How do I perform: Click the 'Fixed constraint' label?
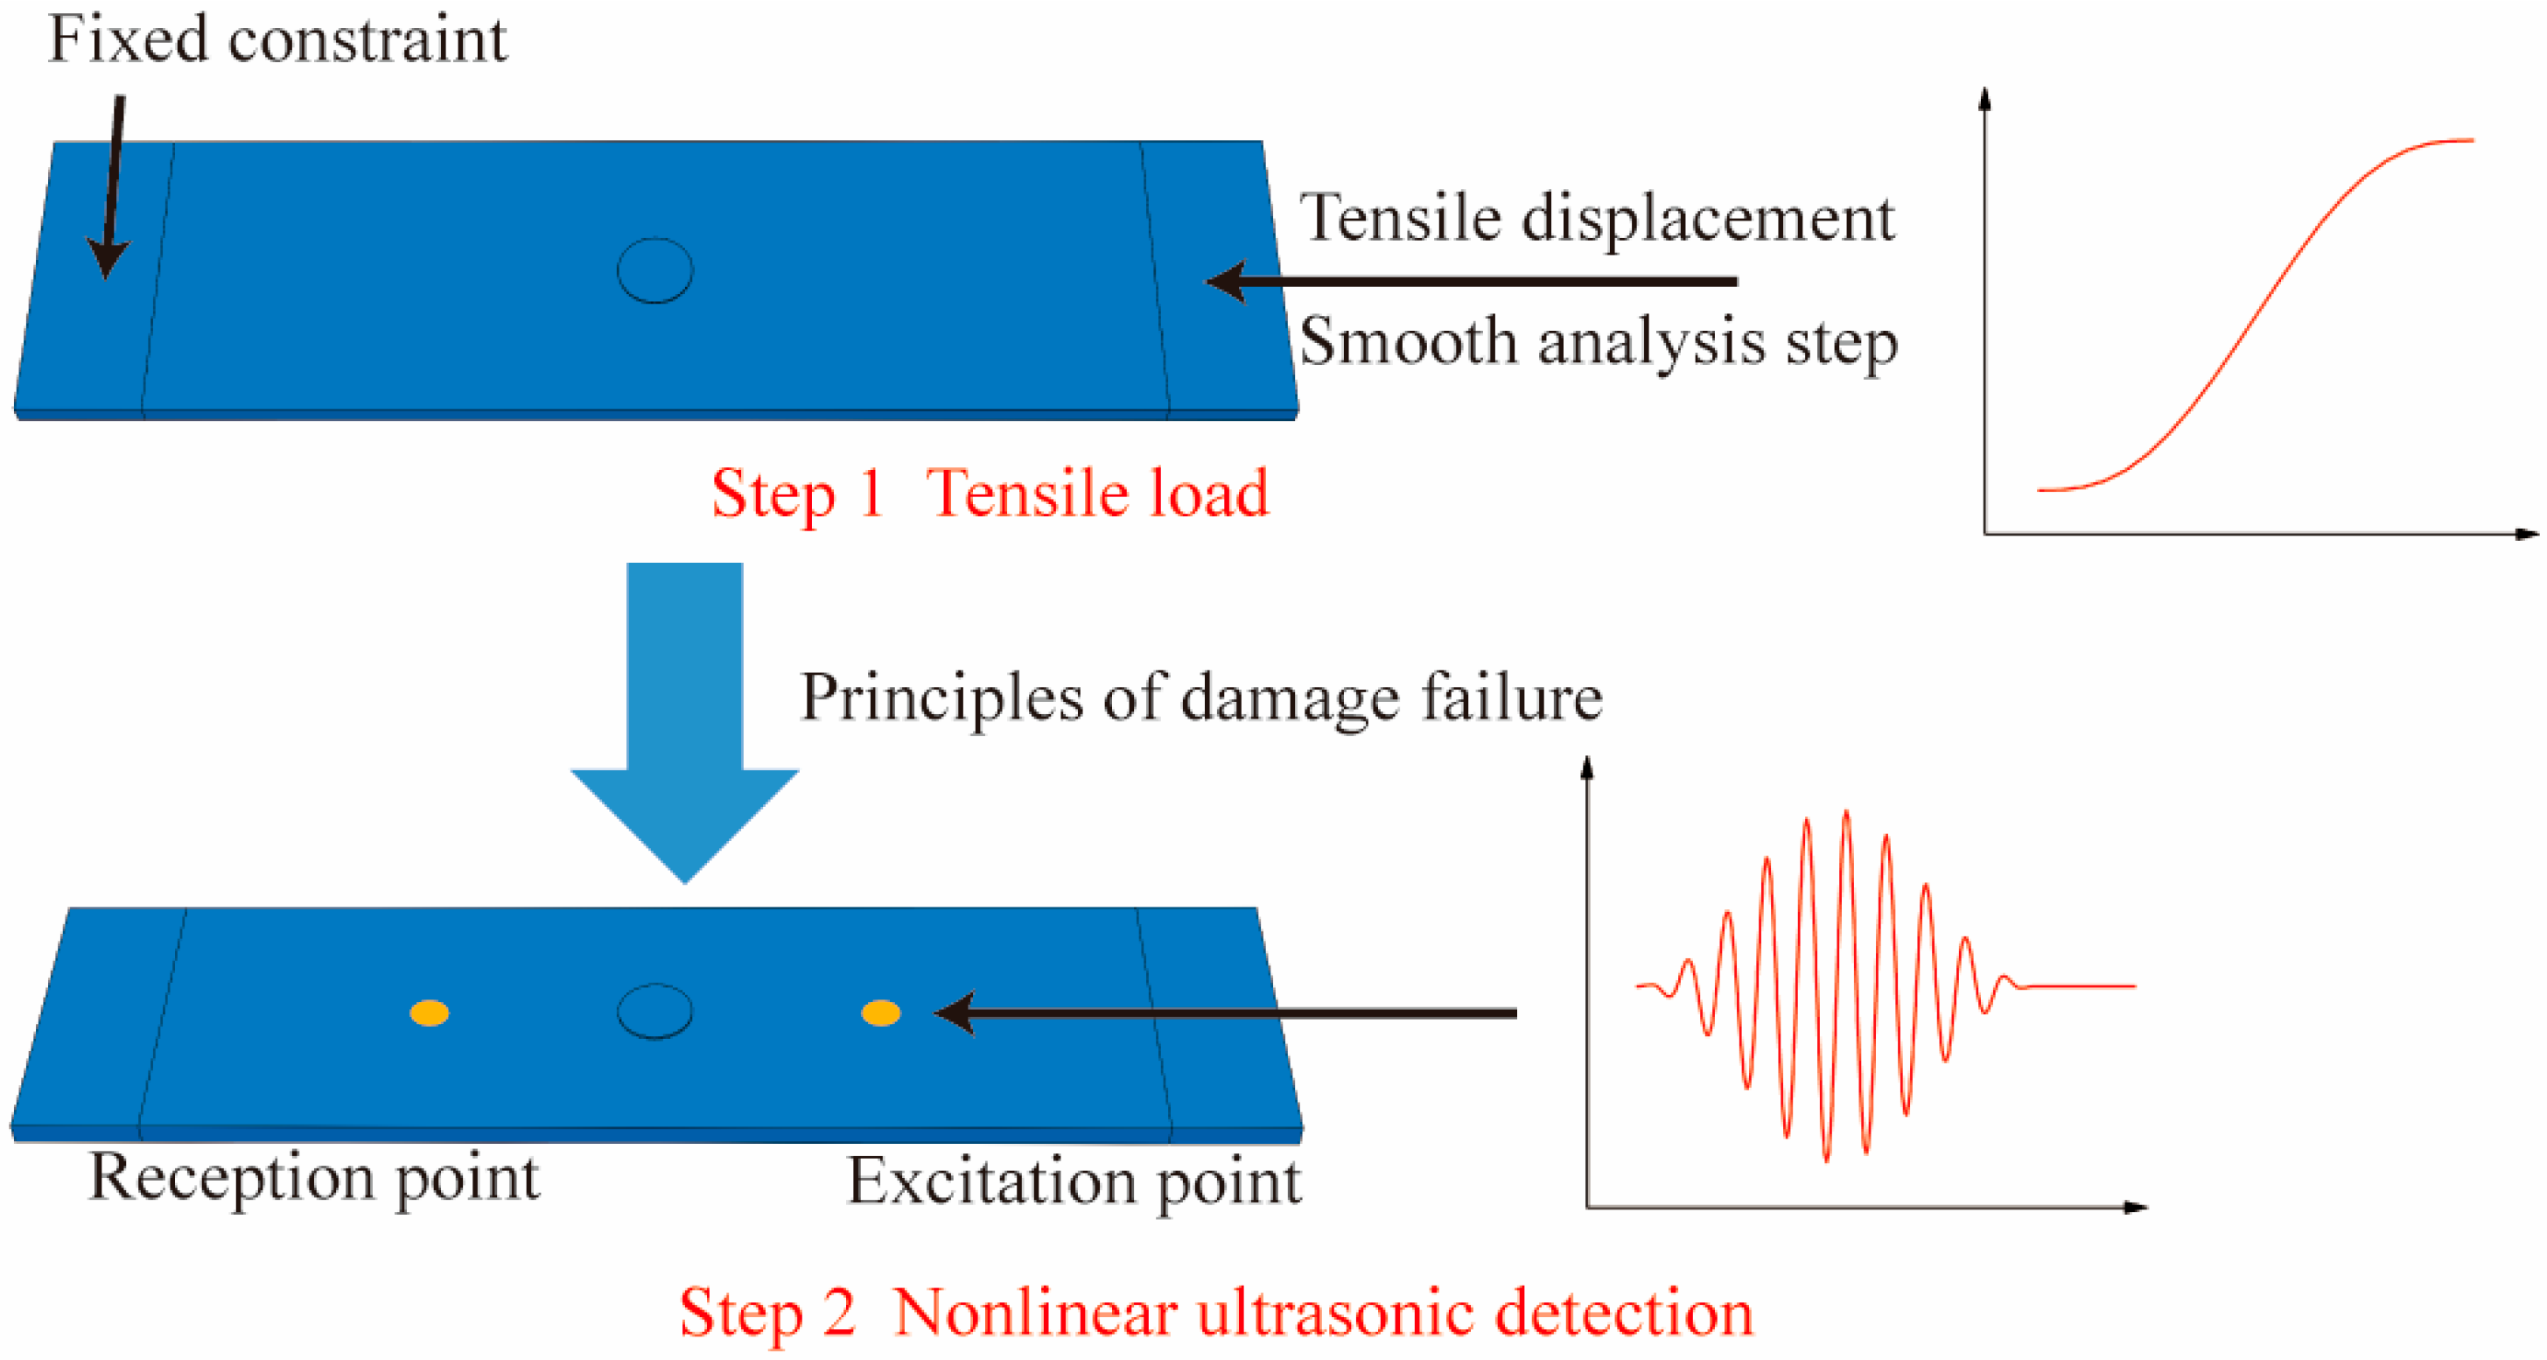click(x=276, y=39)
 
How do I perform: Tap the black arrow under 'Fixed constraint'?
click(x=112, y=188)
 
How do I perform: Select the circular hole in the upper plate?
click(x=654, y=270)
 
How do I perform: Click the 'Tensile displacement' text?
click(x=1597, y=218)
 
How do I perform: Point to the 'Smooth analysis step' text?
click(x=1598, y=342)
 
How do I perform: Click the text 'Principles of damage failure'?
click(x=1200, y=698)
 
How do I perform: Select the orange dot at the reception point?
click(x=429, y=1013)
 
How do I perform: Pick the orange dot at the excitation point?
click(x=880, y=1013)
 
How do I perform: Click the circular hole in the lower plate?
click(x=654, y=1011)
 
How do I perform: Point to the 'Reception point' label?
click(x=314, y=1177)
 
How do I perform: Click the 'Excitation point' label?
click(x=1074, y=1181)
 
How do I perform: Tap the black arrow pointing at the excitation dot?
click(x=1226, y=1013)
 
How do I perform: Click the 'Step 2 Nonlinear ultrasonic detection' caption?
click(x=1216, y=1313)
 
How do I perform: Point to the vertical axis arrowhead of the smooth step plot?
click(x=1984, y=98)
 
